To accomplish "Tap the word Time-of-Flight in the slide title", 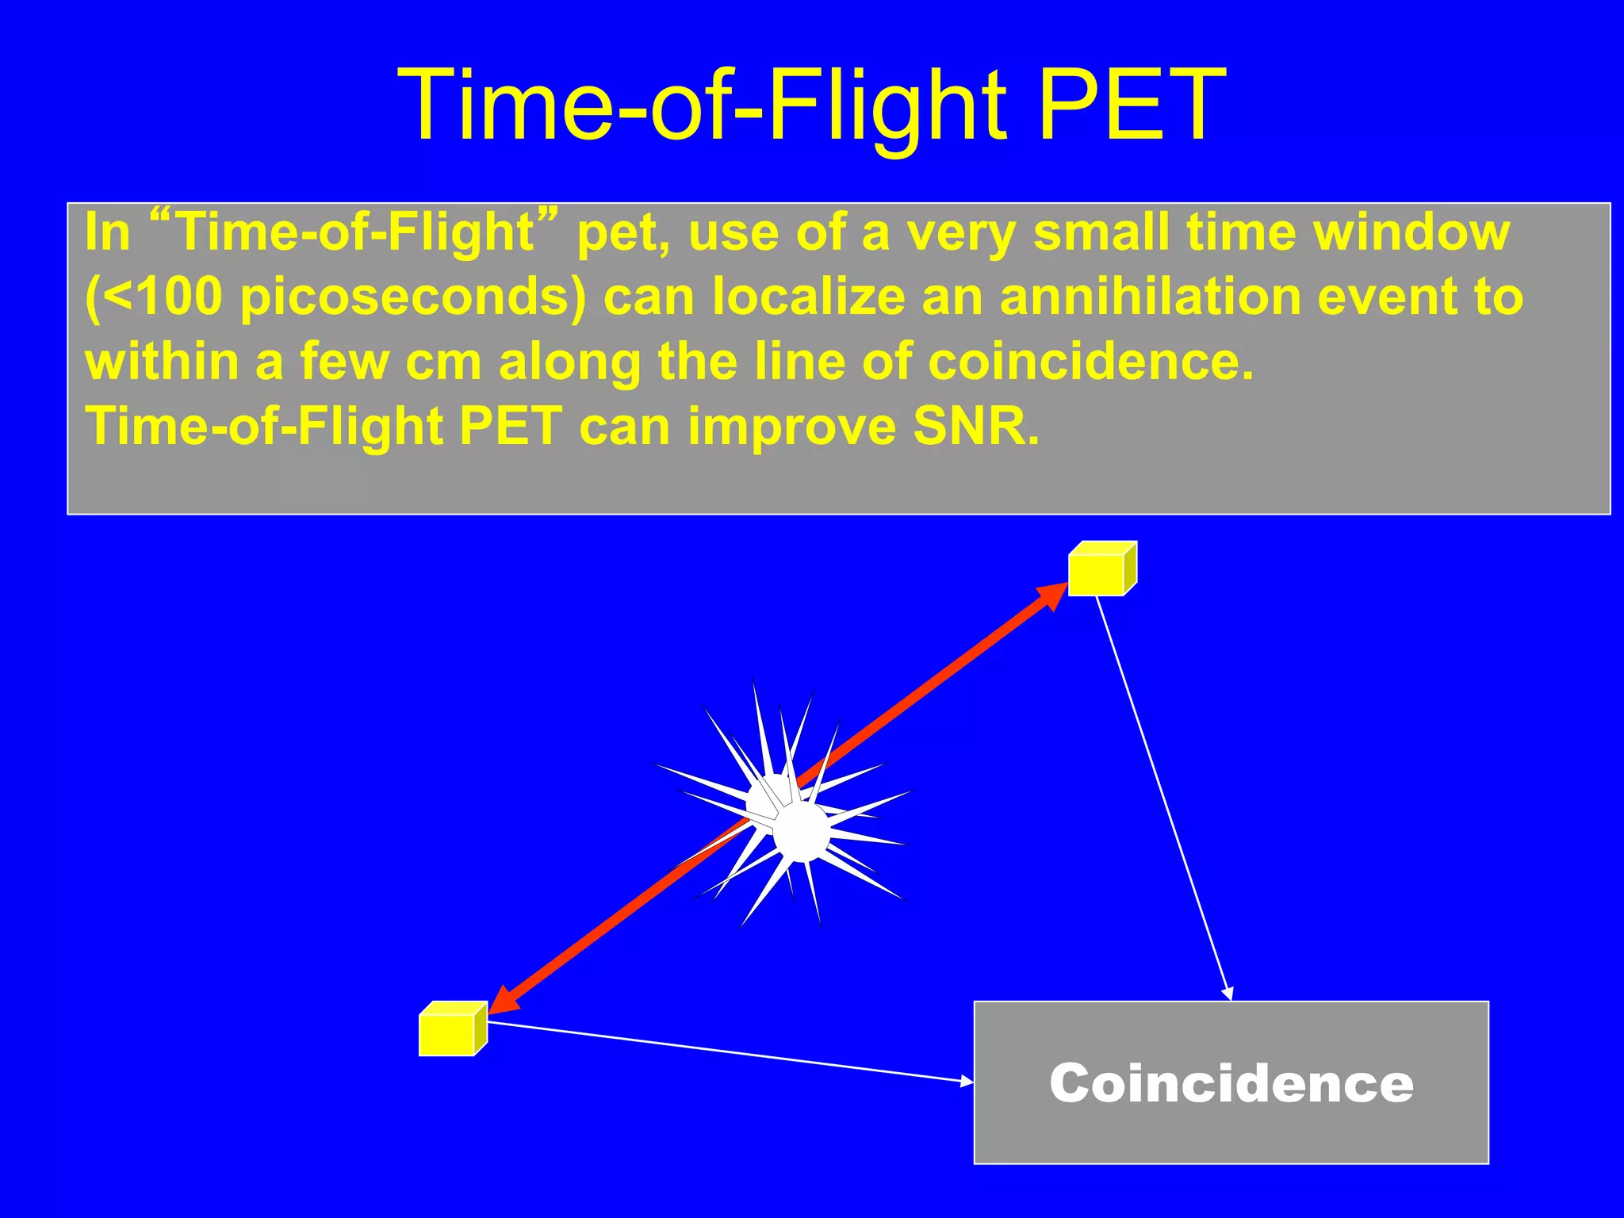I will point(702,105).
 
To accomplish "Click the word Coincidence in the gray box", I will point(1231,1083).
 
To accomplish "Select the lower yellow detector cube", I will point(450,1031).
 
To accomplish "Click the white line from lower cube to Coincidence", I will point(730,1051).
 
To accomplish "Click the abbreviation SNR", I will point(975,426).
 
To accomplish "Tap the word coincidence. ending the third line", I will point(1090,362).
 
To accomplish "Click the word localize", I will point(809,297).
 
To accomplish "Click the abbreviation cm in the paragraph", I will point(443,362).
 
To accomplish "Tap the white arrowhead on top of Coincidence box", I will point(1228,994).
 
